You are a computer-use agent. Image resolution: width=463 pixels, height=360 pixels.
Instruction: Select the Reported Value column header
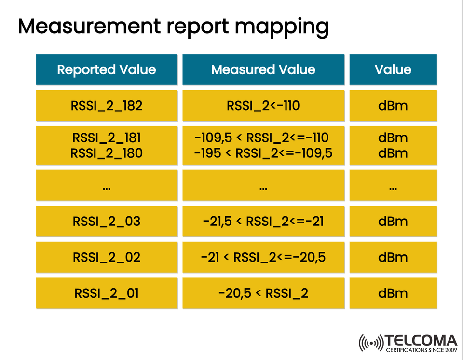coord(107,69)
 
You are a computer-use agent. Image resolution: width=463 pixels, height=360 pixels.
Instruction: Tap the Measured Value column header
coord(263,69)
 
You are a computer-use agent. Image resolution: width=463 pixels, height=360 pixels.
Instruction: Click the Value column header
coord(393,69)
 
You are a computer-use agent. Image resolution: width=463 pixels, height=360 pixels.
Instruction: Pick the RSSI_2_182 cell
coord(107,105)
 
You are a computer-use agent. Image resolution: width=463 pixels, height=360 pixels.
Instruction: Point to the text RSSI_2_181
coord(107,138)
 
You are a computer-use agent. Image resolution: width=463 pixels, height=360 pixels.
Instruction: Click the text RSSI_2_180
coord(107,153)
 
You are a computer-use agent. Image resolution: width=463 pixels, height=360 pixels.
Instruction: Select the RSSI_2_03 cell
coord(107,222)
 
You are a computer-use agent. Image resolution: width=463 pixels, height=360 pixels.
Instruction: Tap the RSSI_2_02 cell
coord(107,257)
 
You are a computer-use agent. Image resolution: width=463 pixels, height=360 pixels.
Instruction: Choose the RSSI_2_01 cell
coord(107,293)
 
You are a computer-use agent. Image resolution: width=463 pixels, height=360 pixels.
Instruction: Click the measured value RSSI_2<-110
coord(263,105)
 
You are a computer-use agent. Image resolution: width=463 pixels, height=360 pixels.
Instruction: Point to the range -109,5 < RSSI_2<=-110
coord(263,138)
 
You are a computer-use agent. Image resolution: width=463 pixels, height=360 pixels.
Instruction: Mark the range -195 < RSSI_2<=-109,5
coord(263,153)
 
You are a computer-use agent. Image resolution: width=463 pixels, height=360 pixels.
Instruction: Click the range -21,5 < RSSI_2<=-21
coord(263,222)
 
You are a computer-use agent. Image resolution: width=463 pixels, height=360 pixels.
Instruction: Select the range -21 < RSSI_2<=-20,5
coord(263,257)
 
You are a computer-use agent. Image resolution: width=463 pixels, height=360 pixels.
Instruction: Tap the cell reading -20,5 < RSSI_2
coord(263,293)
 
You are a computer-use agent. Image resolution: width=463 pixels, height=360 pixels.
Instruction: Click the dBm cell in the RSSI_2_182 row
coord(393,105)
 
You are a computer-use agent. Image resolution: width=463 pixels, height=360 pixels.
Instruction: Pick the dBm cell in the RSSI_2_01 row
coord(393,293)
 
